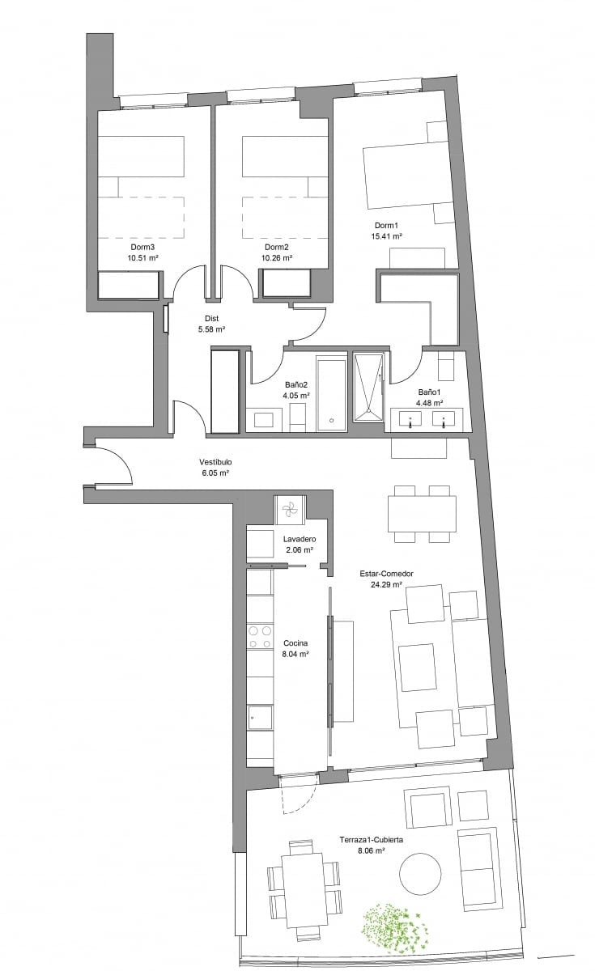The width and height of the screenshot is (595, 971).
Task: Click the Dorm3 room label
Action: pos(142,247)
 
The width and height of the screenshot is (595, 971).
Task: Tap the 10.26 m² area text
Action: pos(277,258)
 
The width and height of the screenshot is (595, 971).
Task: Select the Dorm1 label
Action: pos(386,226)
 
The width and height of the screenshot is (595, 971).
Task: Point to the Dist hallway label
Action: pos(211,319)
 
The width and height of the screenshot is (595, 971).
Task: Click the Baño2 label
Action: pos(296,384)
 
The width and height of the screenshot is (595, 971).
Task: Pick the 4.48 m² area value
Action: pos(429,403)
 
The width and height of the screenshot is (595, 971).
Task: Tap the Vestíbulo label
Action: pos(215,462)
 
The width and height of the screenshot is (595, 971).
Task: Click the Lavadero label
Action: pos(300,539)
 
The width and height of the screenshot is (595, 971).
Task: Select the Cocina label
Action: pos(295,643)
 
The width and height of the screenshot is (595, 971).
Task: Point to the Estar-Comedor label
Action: pos(386,574)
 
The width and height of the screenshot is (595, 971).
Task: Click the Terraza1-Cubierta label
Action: pos(372,840)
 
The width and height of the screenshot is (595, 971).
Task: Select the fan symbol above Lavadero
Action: pos(290,510)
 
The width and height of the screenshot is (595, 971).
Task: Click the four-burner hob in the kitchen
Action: pos(259,637)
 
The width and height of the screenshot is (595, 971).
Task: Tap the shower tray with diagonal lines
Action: pos(368,388)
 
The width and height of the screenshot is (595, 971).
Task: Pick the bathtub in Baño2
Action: pos(332,394)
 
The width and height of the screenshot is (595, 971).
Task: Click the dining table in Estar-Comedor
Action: pos(422,514)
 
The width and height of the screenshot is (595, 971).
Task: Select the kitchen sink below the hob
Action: pos(260,718)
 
